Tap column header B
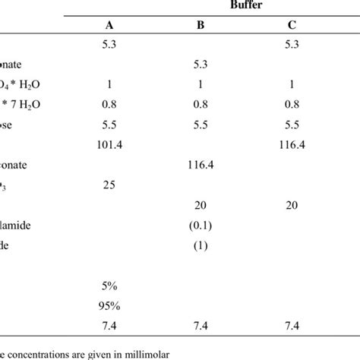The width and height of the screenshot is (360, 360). coord(201,24)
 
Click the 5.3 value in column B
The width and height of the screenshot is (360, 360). coord(201,63)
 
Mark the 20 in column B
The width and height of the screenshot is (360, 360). coord(201,204)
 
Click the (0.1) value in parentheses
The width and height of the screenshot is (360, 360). coord(201,224)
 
